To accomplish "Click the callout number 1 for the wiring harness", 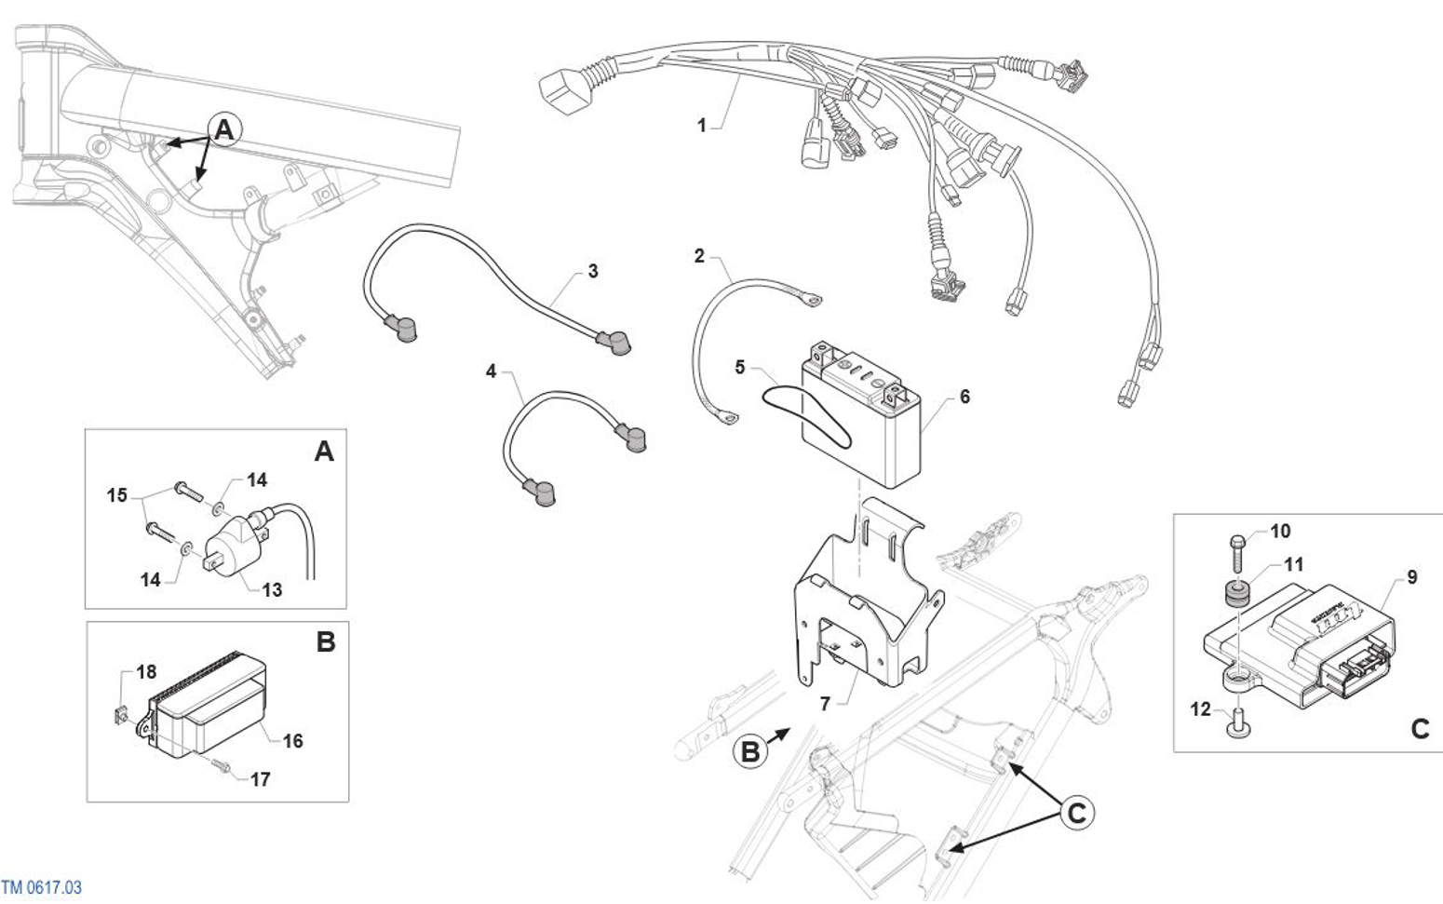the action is point(702,125).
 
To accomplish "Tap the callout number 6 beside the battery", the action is point(964,397).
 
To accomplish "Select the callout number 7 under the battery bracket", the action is point(825,704).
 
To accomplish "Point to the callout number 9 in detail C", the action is point(1412,577).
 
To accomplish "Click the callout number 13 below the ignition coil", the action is point(272,589).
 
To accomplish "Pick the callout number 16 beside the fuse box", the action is point(292,741).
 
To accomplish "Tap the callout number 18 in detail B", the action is point(146,672).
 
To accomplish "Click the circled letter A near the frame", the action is point(224,130).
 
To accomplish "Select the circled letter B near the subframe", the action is point(750,752).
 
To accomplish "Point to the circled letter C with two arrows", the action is point(1076,813).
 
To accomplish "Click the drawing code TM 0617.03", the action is point(41,887).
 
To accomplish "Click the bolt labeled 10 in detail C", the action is point(1237,552).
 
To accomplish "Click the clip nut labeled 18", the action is point(120,715).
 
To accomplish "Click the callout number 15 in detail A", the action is point(116,495).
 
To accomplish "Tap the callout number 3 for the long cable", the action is point(593,271).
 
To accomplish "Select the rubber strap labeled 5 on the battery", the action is point(807,417).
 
